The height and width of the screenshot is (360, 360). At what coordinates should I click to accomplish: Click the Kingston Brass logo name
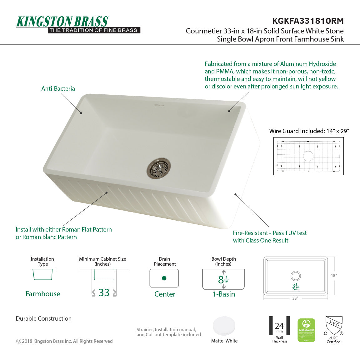(x=62, y=22)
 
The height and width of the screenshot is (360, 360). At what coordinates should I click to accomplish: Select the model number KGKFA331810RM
(x=308, y=21)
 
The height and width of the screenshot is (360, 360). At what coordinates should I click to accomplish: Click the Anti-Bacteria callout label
(x=58, y=88)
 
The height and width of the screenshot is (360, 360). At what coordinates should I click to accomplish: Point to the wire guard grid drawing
(x=308, y=156)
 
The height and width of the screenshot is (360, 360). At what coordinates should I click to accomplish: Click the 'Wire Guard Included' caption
(x=309, y=131)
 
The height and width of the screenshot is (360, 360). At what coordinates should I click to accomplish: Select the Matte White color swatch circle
(x=224, y=326)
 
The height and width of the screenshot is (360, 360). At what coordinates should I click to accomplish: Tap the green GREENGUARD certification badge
(x=306, y=330)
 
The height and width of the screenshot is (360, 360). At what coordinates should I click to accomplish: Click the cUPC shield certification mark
(x=334, y=325)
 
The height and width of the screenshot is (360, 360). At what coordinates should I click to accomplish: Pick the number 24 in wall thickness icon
(x=279, y=326)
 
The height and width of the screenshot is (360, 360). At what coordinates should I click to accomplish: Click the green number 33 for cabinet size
(x=104, y=292)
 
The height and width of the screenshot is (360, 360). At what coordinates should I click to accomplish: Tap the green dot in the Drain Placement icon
(x=164, y=278)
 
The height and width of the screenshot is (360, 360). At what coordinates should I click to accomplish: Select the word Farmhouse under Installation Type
(x=43, y=294)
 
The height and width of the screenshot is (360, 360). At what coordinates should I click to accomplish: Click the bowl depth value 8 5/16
(x=223, y=279)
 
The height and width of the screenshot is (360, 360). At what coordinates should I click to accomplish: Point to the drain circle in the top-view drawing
(x=296, y=276)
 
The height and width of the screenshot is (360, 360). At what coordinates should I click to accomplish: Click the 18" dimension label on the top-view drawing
(x=334, y=275)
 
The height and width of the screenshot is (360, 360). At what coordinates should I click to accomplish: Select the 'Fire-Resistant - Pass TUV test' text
(x=270, y=233)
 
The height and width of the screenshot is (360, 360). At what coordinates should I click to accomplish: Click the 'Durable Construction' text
(x=44, y=318)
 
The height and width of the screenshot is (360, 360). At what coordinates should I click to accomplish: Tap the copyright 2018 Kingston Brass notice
(x=64, y=341)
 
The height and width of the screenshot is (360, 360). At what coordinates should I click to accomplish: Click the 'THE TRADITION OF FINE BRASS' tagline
(x=93, y=30)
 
